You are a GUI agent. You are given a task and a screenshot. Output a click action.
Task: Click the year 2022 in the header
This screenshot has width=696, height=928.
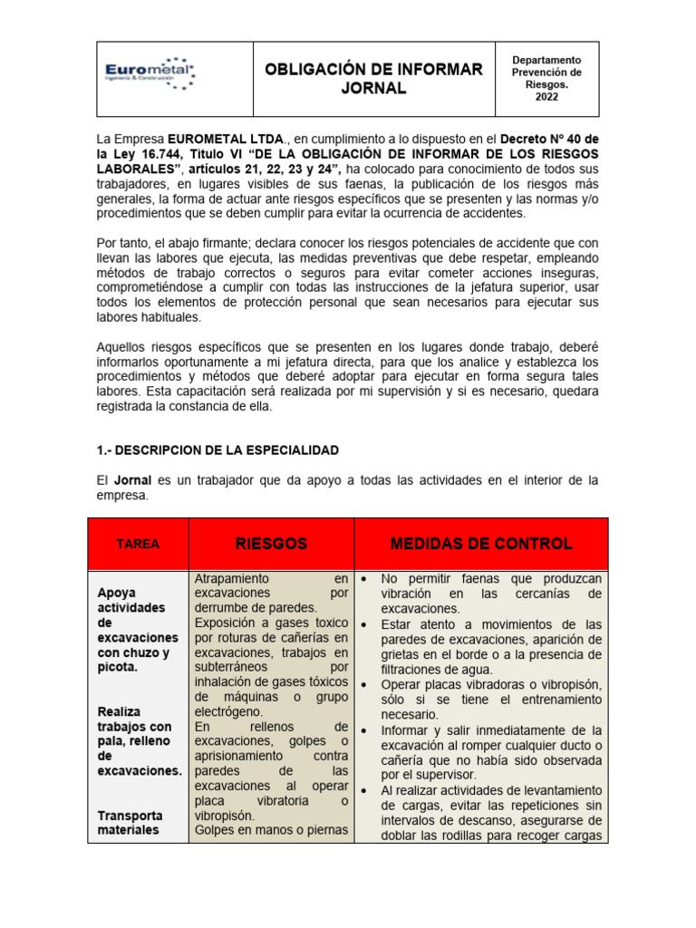(546, 98)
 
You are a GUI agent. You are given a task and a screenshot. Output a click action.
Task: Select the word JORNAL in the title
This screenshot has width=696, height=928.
(373, 89)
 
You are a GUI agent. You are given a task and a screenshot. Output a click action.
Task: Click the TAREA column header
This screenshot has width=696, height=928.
(138, 545)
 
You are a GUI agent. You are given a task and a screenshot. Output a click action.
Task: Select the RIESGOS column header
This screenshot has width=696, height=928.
(271, 544)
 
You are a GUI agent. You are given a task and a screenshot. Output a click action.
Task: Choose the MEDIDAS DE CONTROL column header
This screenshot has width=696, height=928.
(481, 544)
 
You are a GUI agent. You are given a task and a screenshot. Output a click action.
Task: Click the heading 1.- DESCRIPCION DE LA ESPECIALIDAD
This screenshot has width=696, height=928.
(217, 449)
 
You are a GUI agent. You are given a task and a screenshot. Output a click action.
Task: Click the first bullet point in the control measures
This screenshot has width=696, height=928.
(363, 578)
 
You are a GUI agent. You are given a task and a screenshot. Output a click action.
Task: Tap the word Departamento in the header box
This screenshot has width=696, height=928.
(546, 60)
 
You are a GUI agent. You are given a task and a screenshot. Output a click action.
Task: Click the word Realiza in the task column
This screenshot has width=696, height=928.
(121, 711)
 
